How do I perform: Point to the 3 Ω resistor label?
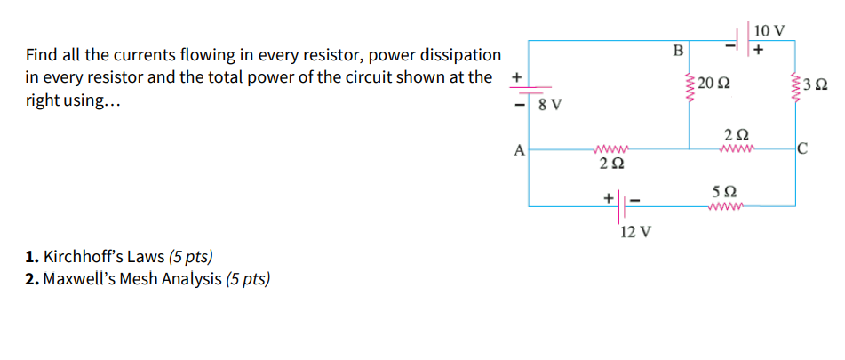(816, 85)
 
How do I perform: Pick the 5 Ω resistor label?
(724, 191)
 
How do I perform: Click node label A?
(520, 150)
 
